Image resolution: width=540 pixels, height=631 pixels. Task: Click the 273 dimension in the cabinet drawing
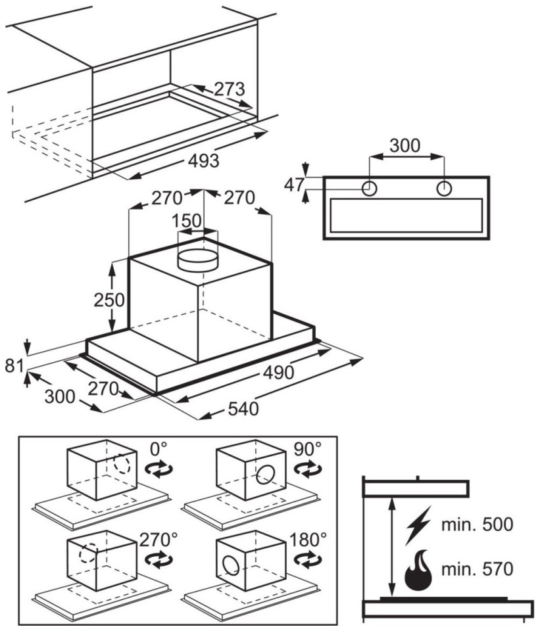[x=229, y=89]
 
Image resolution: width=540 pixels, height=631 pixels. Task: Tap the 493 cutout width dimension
[x=204, y=160]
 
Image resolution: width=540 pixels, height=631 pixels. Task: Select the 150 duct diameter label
[x=187, y=221]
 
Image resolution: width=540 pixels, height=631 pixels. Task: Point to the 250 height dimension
[x=109, y=300]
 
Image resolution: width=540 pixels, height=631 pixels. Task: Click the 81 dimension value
[x=14, y=366]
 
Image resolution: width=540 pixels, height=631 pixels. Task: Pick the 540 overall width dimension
[x=243, y=409]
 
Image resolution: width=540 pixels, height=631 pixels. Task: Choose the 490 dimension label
[x=279, y=373]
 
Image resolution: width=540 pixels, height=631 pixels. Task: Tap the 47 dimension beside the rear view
[x=293, y=185]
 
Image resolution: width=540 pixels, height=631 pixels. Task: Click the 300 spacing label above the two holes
[x=405, y=145]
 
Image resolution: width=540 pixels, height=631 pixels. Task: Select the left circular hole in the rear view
[x=369, y=188]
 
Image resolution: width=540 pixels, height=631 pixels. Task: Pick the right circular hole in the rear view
[x=444, y=188]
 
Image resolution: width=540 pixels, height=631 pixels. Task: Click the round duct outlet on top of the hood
[x=198, y=261]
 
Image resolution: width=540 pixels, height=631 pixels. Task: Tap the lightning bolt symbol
[x=418, y=525]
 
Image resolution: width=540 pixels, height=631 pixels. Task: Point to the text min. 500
[x=478, y=525]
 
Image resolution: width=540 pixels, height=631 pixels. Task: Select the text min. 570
[x=478, y=569]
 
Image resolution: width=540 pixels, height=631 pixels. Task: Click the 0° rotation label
[x=159, y=448]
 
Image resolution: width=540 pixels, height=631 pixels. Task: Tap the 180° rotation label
[x=308, y=539]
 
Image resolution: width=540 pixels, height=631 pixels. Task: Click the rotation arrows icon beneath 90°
[x=308, y=469]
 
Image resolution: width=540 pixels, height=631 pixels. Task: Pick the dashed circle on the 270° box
[x=89, y=554]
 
